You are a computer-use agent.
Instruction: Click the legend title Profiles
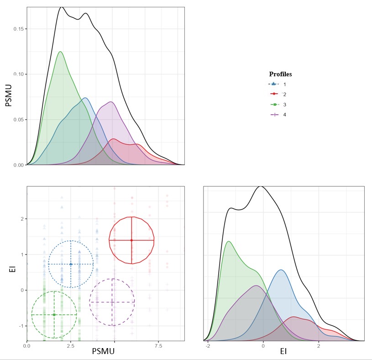280,74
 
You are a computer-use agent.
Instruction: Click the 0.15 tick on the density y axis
18,29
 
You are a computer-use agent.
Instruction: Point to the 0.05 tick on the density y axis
18,120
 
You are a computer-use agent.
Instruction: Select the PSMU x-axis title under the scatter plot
103,351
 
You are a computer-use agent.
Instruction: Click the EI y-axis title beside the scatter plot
12,269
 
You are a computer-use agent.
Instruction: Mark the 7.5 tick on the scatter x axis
158,347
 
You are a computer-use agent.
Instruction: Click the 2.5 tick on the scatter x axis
71,347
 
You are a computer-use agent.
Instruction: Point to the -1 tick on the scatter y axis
21,326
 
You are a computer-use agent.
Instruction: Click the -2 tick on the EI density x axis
208,346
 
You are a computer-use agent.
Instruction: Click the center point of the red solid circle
131,240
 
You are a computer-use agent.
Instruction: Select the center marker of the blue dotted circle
71,264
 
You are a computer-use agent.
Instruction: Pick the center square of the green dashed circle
54,315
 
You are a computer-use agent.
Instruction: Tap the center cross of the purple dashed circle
112,302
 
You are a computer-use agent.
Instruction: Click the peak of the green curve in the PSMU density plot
60,52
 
